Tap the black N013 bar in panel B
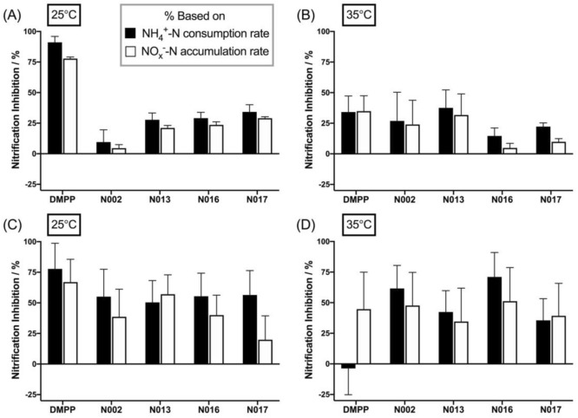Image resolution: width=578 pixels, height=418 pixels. pyautogui.click(x=349, y=131)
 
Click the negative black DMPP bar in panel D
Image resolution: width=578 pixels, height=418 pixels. pyautogui.click(x=349, y=366)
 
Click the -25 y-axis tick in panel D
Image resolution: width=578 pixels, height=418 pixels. pyautogui.click(x=322, y=395)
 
